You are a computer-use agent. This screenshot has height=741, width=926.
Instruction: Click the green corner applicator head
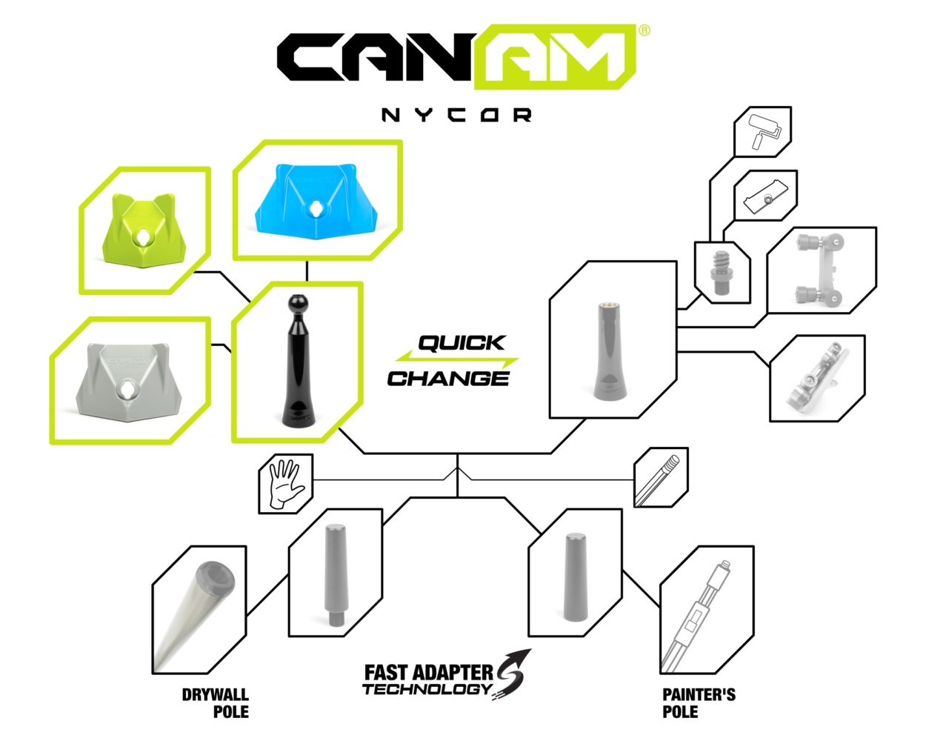point(144,230)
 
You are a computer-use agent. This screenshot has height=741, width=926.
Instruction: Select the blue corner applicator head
point(316,200)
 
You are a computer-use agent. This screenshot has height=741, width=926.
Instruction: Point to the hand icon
point(284,485)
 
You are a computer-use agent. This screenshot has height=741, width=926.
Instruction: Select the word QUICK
point(462,343)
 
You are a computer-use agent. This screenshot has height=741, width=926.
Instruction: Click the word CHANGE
point(448,379)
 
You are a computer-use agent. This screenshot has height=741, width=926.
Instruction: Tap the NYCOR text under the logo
point(456,115)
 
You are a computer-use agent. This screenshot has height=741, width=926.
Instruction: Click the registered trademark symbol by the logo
point(644,30)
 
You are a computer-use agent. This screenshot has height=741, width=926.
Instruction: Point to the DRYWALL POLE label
point(216,702)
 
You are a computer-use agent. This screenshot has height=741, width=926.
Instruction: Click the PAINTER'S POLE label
point(699,702)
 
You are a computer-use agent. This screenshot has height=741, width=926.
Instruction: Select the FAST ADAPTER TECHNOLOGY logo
point(447,675)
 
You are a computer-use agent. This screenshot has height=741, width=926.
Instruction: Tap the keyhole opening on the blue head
point(316,209)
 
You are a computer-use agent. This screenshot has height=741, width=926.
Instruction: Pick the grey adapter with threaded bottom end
point(335,574)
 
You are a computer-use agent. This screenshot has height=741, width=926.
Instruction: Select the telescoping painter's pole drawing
point(696,616)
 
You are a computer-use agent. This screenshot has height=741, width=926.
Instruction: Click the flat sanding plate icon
point(766,196)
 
